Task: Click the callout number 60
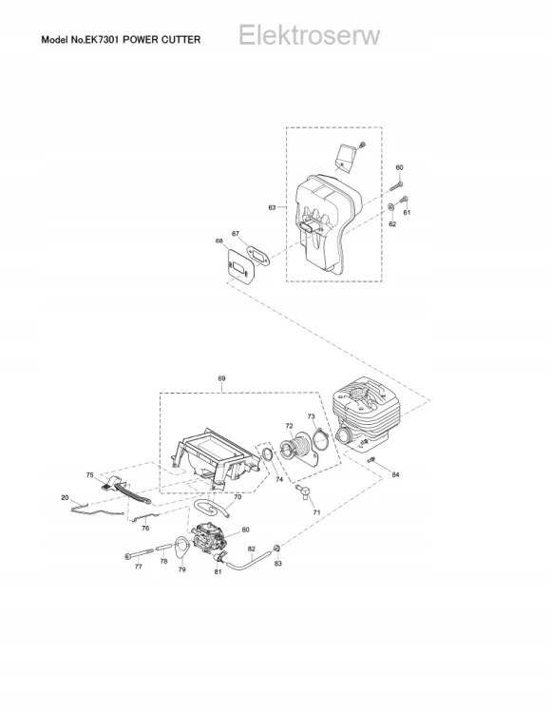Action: [399, 167]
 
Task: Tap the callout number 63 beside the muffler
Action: [272, 207]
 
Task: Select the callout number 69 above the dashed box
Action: [221, 378]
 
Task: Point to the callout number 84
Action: [395, 474]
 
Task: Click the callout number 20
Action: [65, 497]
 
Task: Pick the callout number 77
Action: [138, 567]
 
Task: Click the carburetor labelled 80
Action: [208, 540]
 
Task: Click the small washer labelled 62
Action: [390, 207]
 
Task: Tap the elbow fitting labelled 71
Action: [303, 491]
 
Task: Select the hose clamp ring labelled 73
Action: [321, 440]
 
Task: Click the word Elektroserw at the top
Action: [309, 35]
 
